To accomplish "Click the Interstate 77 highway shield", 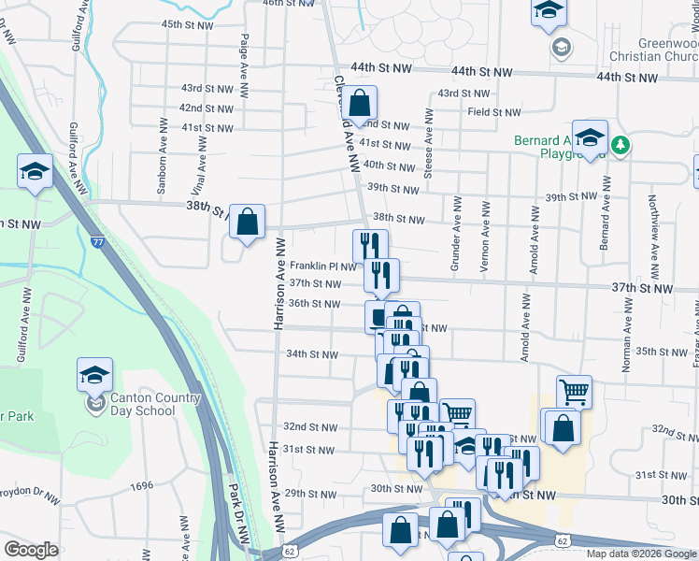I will [98, 242].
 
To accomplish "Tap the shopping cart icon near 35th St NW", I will [574, 392].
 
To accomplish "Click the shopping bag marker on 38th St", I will [247, 222].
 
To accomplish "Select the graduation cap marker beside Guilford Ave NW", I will [35, 172].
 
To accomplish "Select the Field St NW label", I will [494, 112].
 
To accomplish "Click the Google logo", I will [32, 550].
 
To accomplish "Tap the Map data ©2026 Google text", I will [642, 554].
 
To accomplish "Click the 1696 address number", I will [142, 485].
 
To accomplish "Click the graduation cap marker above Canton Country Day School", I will [94, 375].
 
